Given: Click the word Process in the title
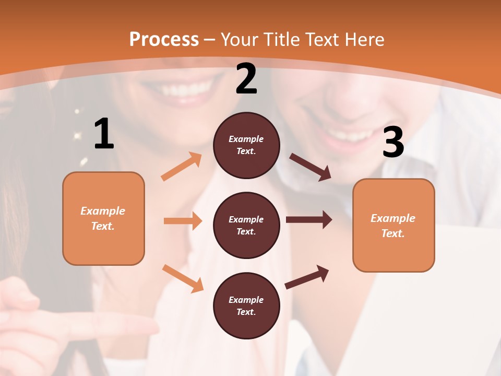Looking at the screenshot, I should tap(164, 40).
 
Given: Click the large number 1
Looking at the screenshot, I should tap(104, 134).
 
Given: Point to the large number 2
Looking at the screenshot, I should tap(246, 79).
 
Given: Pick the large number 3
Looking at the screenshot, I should tap(393, 142).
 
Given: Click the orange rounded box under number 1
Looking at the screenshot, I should tap(103, 218).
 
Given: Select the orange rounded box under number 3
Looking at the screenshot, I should tap(393, 226).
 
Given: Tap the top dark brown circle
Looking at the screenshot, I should tap(246, 145).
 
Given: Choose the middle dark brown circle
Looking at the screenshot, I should tap(246, 226).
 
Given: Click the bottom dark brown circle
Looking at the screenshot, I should tap(246, 305).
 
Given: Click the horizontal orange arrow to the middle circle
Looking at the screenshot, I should tap(183, 221).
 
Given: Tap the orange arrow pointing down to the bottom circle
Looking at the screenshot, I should tap(183, 278).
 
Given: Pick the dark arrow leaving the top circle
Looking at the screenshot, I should tap(310, 167).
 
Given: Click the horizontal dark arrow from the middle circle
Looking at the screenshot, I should tap(309, 220).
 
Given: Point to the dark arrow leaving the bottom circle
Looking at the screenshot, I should tap(307, 277).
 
